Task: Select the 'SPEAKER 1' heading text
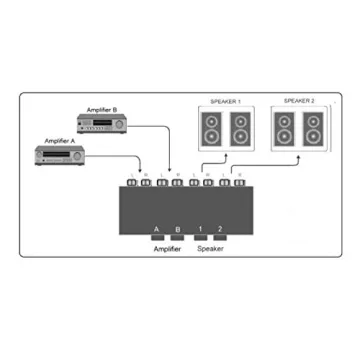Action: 226,101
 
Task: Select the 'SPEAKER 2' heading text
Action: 301,101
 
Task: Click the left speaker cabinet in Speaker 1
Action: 212,129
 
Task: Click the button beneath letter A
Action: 157,239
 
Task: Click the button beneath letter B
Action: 178,239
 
